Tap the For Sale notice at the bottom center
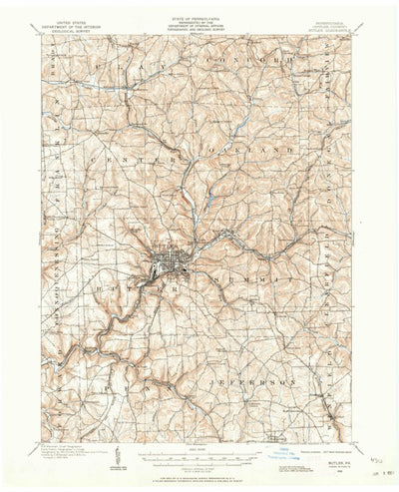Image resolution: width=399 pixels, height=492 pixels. pyautogui.click(x=199, y=478)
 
